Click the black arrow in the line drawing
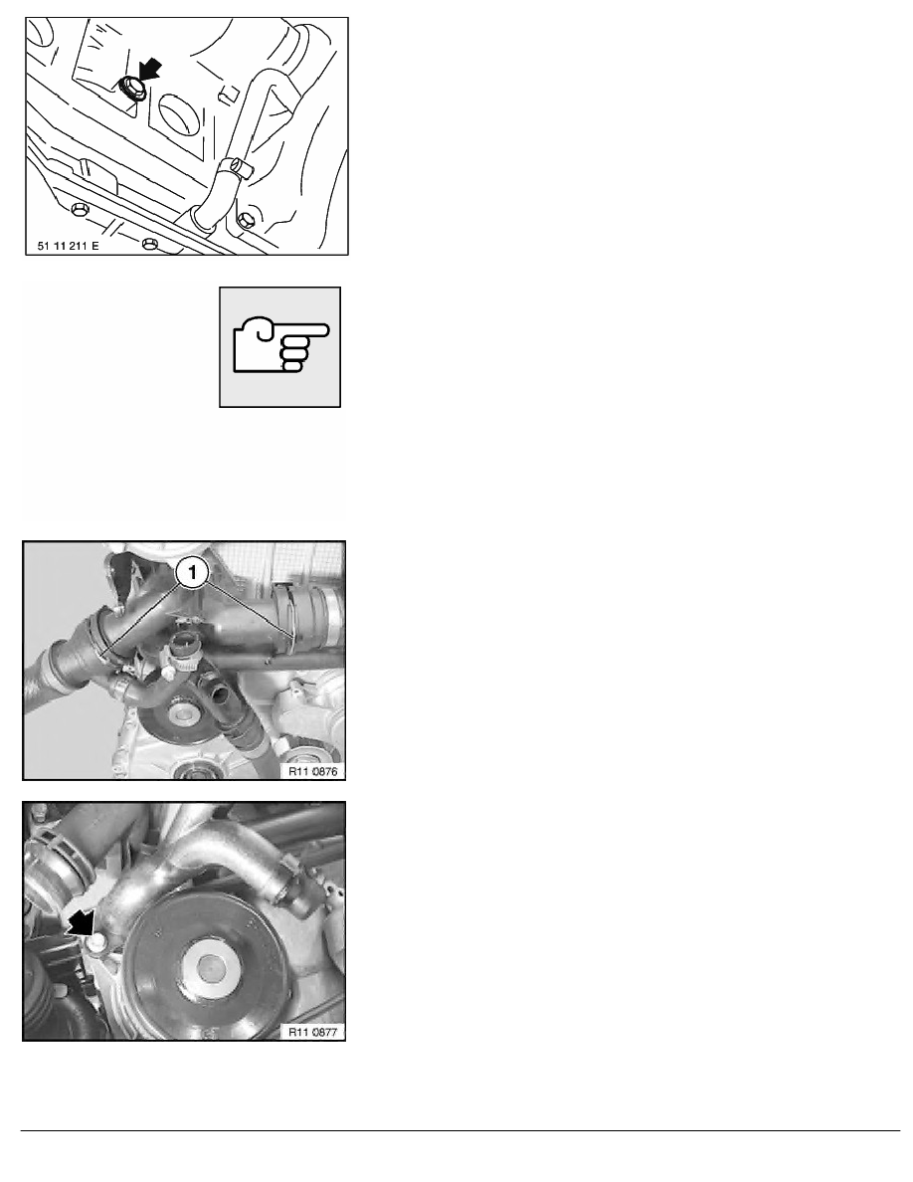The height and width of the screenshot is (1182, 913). [150, 70]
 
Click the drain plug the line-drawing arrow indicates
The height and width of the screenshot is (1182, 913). [129, 89]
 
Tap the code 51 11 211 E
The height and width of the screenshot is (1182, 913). [68, 246]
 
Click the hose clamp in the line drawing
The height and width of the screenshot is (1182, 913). [236, 166]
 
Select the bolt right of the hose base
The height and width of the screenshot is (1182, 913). [246, 220]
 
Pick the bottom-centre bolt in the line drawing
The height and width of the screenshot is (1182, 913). [149, 244]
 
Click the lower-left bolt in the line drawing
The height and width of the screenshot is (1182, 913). [79, 207]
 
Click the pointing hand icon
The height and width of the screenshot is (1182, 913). [280, 346]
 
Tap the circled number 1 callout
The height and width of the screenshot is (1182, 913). [192, 573]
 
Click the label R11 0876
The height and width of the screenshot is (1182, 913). [312, 771]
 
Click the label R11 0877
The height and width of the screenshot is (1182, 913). [312, 1032]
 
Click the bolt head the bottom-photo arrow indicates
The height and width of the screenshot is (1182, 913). [97, 941]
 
